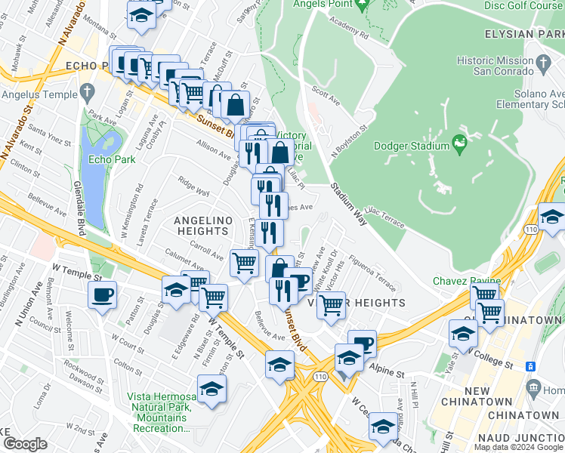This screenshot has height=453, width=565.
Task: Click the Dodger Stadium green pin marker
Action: pos(458,141)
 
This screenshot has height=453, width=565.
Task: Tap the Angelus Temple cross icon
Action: pos(88,94)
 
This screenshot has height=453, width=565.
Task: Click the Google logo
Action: pos(25,444)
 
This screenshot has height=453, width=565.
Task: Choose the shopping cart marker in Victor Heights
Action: pos(331,304)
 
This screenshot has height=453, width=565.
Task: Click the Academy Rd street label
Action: pos(348,34)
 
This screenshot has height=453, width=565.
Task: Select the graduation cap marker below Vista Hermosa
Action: pos(212,390)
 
